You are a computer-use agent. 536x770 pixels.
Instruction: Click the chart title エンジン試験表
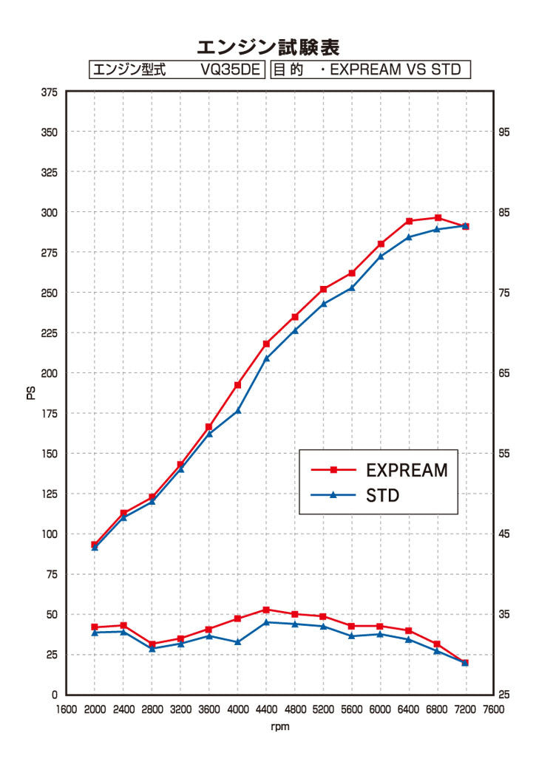(x=268, y=48)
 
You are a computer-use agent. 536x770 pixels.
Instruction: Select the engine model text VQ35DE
(x=230, y=69)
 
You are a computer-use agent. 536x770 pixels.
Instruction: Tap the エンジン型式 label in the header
(x=129, y=69)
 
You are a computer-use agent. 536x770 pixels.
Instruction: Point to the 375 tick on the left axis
(x=50, y=92)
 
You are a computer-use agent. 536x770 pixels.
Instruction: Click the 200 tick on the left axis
(x=50, y=373)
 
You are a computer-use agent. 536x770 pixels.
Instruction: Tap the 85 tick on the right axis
(x=505, y=213)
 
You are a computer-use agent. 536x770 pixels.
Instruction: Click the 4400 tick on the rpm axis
(x=266, y=709)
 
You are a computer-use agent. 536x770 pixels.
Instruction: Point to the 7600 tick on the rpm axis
(x=493, y=709)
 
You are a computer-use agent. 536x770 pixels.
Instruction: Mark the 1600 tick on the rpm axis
(x=67, y=709)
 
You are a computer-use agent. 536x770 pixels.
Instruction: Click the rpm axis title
(x=280, y=727)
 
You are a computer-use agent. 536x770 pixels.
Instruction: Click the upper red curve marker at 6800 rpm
(x=438, y=217)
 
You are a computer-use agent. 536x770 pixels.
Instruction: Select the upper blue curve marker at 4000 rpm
(x=238, y=410)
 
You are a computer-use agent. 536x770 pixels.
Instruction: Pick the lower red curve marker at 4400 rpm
(x=266, y=610)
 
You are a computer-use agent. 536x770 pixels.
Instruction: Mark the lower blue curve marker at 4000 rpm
(x=238, y=641)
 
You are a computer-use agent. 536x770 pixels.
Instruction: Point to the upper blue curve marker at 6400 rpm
(x=409, y=236)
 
